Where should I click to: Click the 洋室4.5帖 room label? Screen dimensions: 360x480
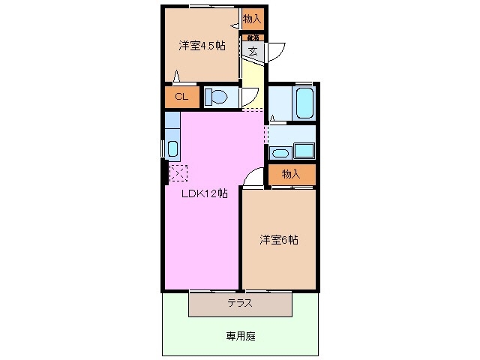coord(201,46)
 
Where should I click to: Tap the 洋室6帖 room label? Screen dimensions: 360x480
coord(279,241)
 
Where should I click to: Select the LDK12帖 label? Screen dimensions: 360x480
coord(205,193)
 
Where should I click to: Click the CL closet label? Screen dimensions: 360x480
coord(181,97)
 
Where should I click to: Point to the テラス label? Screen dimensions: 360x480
coord(240,304)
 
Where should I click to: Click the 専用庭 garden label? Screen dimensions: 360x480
coord(241,336)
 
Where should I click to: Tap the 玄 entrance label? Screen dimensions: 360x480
coord(253,51)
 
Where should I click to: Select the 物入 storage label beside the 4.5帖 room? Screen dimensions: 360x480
coord(252,18)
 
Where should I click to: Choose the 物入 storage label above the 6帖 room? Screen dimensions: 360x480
coord(291,174)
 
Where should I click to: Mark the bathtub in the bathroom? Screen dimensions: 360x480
coord(304,103)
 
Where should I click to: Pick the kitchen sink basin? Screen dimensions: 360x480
coord(173,148)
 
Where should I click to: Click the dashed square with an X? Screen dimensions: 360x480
coord(178,173)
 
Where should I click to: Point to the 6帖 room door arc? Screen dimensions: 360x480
coord(253,177)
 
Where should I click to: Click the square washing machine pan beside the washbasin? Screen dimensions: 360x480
coord(304,151)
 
